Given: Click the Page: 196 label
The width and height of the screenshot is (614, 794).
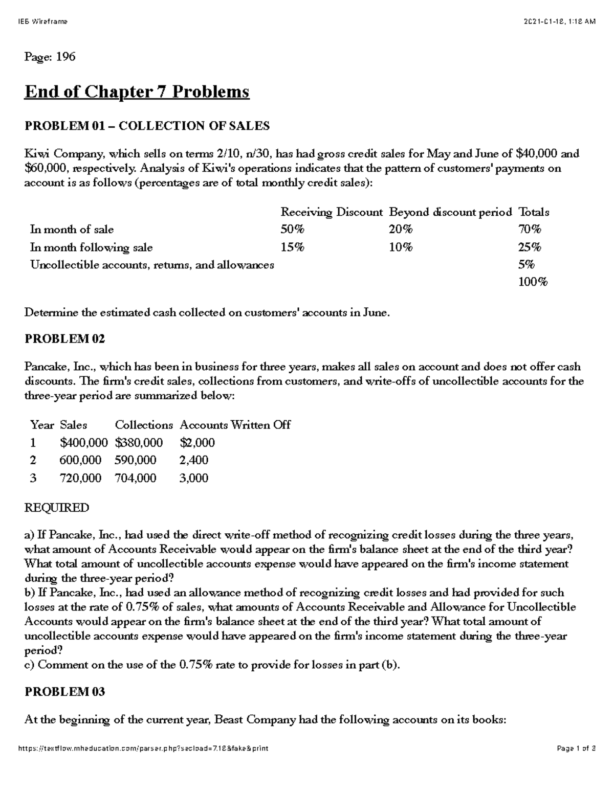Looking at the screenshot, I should coord(50,57).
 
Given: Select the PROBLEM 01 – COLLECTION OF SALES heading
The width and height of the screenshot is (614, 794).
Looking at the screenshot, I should coord(147,126).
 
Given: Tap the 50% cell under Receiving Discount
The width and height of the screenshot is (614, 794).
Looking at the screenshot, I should coord(292,230).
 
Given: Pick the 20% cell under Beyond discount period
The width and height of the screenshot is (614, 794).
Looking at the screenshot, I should coord(401,230).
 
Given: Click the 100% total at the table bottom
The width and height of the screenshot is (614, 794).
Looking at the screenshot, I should coord(533,282).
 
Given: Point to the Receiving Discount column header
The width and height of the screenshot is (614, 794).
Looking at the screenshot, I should coord(331,212).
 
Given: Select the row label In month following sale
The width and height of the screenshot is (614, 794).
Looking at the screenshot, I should coord(91,247).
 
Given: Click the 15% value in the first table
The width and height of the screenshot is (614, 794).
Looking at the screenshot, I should coord(292,247).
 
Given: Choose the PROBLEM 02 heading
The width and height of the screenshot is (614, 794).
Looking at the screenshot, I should coord(65,339).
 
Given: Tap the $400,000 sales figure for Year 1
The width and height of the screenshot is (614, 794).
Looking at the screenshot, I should coord(84,442).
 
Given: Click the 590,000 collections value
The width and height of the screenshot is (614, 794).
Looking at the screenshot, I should coord(136,460).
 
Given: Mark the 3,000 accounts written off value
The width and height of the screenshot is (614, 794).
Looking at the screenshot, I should coord(194,478).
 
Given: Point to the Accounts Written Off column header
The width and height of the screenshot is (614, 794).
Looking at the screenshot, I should coord(235,425).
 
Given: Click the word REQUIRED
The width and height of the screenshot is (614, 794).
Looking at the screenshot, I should coord(57,508).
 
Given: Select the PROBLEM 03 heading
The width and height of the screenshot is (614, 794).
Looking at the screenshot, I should coord(65,692).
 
